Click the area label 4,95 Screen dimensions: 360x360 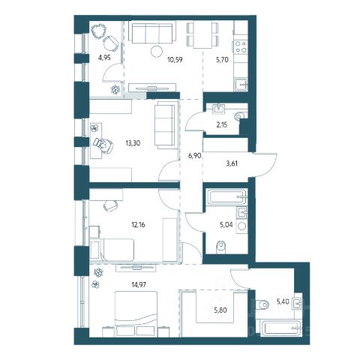click(104, 58)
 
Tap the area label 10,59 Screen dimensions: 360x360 click(175, 60)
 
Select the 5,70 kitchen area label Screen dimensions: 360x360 click(222, 60)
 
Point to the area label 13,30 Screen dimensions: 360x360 click(133, 143)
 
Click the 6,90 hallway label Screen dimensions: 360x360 click(194, 156)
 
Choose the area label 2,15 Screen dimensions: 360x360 click(222, 124)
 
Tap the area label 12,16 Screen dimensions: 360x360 click(138, 225)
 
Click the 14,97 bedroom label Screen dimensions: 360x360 click(139, 284)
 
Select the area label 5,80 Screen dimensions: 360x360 click(220, 310)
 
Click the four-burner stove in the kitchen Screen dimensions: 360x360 click(241, 47)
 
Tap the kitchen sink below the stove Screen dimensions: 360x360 click(241, 85)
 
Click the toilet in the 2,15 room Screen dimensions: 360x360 click(241, 115)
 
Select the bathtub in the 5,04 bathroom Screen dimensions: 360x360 click(226, 196)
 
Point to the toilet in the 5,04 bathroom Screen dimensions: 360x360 click(220, 247)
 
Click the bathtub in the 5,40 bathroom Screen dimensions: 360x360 click(280, 328)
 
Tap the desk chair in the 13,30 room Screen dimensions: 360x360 click(103, 145)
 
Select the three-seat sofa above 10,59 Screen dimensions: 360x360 click(152, 33)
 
